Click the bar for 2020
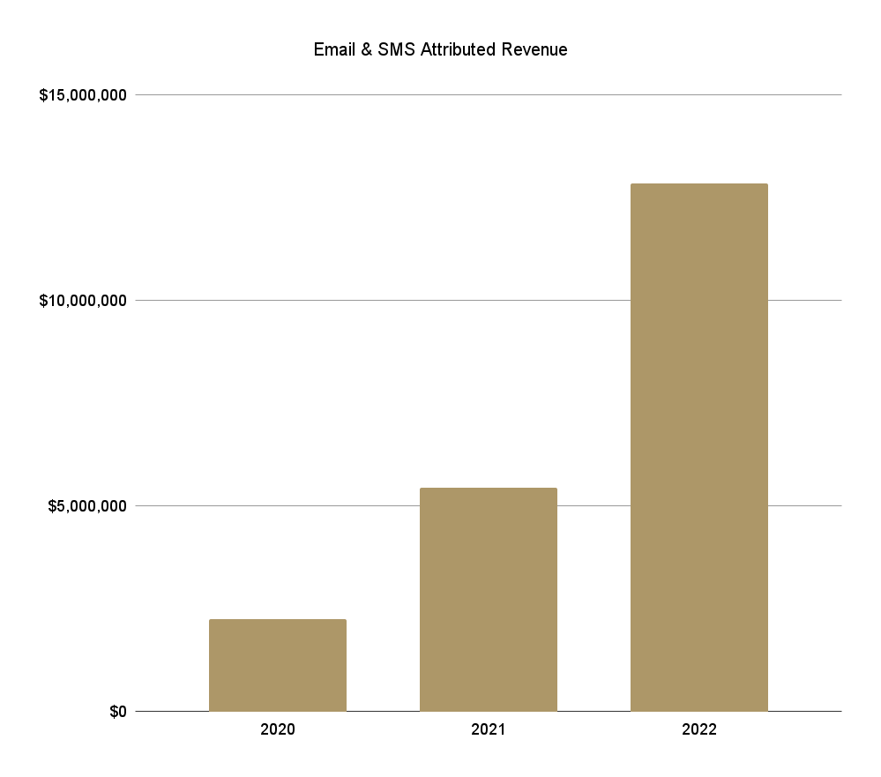[x=278, y=665]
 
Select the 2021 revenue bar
[x=489, y=600]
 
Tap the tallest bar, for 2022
[x=699, y=447]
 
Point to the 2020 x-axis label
[x=278, y=729]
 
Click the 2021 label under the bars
[x=489, y=729]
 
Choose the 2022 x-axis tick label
[x=699, y=729]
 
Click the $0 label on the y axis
[x=118, y=712]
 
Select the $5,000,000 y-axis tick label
[x=87, y=506]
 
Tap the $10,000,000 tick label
[x=83, y=301]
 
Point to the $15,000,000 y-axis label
[x=83, y=95]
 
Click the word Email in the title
[x=334, y=49]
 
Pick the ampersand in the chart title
[x=366, y=49]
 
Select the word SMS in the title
[x=396, y=49]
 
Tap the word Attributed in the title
[x=458, y=49]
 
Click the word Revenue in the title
[x=534, y=49]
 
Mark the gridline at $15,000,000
[x=489, y=95]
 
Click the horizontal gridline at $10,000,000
[x=383, y=301]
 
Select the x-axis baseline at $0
[x=489, y=711]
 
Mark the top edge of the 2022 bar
[x=699, y=183]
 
